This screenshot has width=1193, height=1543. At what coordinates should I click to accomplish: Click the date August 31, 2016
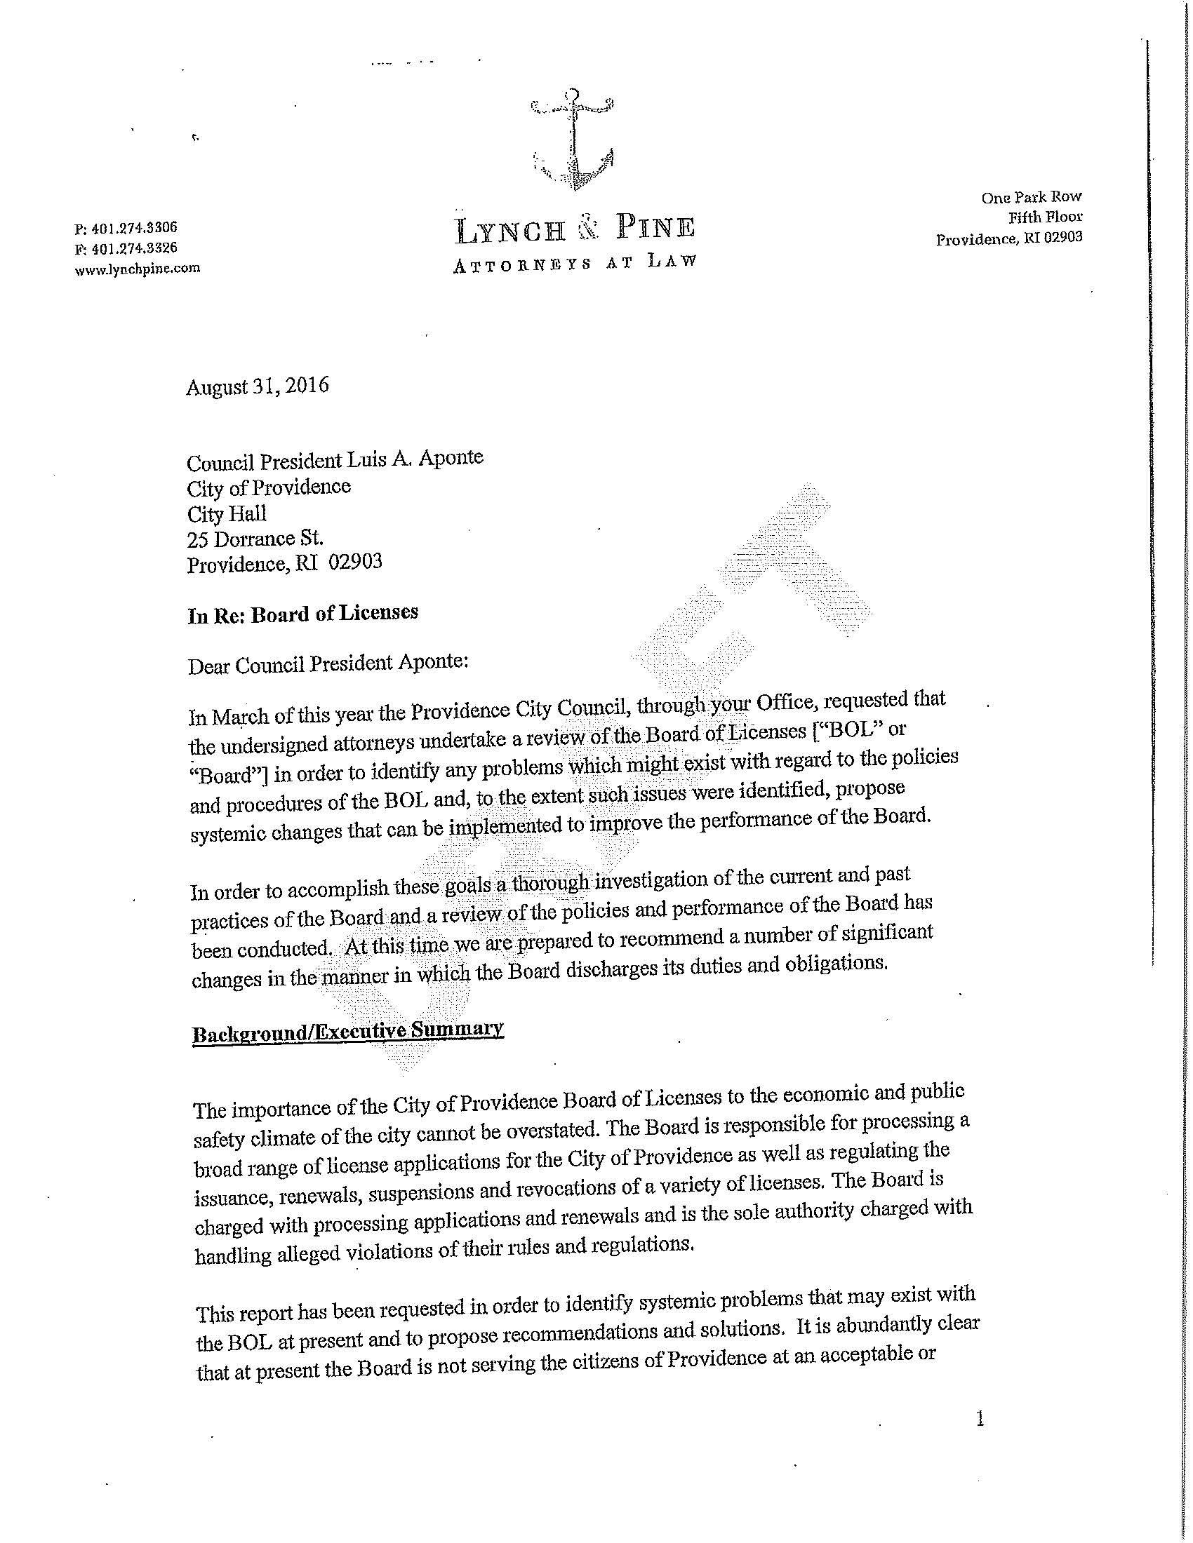tap(258, 386)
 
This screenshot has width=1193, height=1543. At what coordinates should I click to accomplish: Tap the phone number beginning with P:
tap(126, 228)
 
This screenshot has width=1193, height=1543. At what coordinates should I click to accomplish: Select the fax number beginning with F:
tap(126, 248)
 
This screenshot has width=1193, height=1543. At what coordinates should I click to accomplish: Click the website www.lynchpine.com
tap(137, 269)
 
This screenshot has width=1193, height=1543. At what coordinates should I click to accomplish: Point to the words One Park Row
tap(1031, 197)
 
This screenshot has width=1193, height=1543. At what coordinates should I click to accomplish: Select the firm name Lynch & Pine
tap(575, 229)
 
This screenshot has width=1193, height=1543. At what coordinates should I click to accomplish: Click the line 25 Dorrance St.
tap(255, 539)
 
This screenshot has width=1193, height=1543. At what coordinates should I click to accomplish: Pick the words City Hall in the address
tap(226, 513)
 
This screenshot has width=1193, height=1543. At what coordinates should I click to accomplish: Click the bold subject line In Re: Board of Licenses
tap(303, 614)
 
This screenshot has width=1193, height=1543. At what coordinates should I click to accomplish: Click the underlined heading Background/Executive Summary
tap(347, 1032)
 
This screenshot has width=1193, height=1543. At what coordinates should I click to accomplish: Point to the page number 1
tap(980, 1419)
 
